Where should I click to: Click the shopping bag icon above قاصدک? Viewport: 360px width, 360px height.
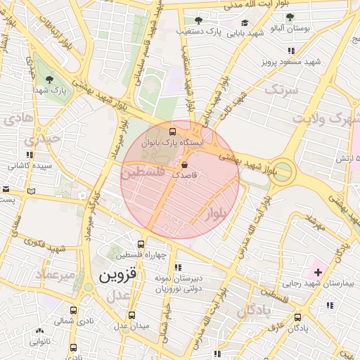[x=184, y=165]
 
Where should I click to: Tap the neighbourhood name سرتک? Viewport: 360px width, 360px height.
[x=281, y=90]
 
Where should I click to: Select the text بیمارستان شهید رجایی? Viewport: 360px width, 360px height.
[x=317, y=283]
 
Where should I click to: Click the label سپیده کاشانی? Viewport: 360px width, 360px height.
[x=28, y=167]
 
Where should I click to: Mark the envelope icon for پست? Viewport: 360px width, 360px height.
[x=6, y=189]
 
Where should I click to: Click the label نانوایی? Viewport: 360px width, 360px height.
[x=39, y=342]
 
